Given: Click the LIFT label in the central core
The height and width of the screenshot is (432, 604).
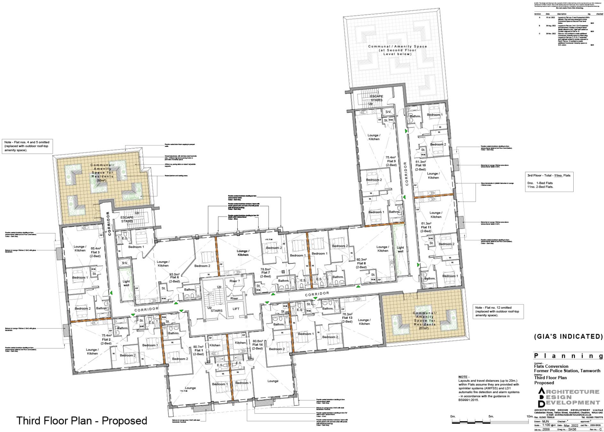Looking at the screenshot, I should [236, 309].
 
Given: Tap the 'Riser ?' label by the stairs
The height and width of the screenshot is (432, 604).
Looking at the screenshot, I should [234, 281].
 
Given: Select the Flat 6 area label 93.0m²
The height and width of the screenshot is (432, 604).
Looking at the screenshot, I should [174, 274].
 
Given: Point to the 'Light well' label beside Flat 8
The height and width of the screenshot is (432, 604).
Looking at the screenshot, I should [400, 249].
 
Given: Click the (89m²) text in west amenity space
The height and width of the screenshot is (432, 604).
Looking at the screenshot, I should [102, 180].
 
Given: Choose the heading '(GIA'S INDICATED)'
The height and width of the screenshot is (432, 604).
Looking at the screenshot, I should [568, 336].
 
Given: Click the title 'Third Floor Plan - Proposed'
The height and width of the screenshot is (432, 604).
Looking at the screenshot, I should [82, 420].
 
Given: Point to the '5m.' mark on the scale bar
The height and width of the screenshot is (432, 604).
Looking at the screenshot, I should [491, 416].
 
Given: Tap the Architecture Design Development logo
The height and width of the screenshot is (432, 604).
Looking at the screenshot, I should [568, 397].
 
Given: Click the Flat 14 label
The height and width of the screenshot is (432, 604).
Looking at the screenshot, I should [257, 345].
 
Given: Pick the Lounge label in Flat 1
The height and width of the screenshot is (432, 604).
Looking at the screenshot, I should [190, 388].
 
